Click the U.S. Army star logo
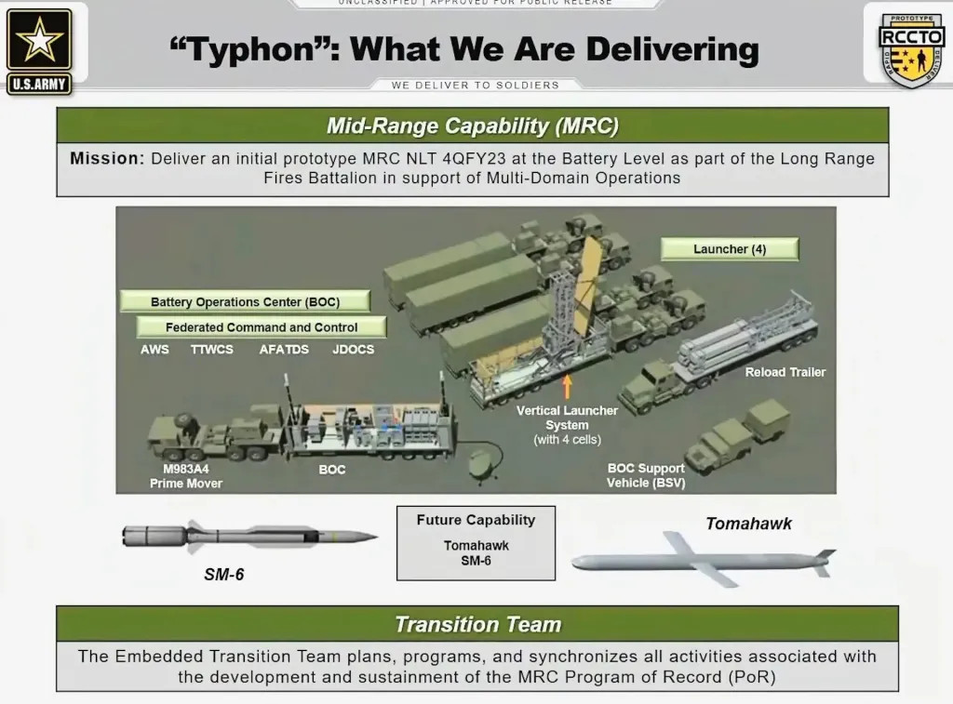pyautogui.click(x=39, y=41)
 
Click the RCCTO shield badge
pyautogui.click(x=911, y=48)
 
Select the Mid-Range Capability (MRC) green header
pyautogui.click(x=472, y=126)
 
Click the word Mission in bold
pyautogui.click(x=107, y=158)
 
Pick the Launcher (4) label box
pyautogui.click(x=730, y=249)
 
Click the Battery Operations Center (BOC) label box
pyautogui.click(x=245, y=302)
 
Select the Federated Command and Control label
pyautogui.click(x=262, y=327)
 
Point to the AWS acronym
pyautogui.click(x=154, y=350)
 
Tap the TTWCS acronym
pyautogui.click(x=212, y=350)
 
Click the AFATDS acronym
pyautogui.click(x=284, y=350)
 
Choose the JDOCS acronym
pyautogui.click(x=353, y=350)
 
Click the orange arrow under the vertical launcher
pyautogui.click(x=567, y=384)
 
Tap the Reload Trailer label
pyautogui.click(x=785, y=372)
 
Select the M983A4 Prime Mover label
pyautogui.click(x=186, y=476)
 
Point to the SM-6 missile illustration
pyautogui.click(x=248, y=537)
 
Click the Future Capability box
pyautogui.click(x=476, y=542)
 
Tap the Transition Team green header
pyautogui.click(x=477, y=624)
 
